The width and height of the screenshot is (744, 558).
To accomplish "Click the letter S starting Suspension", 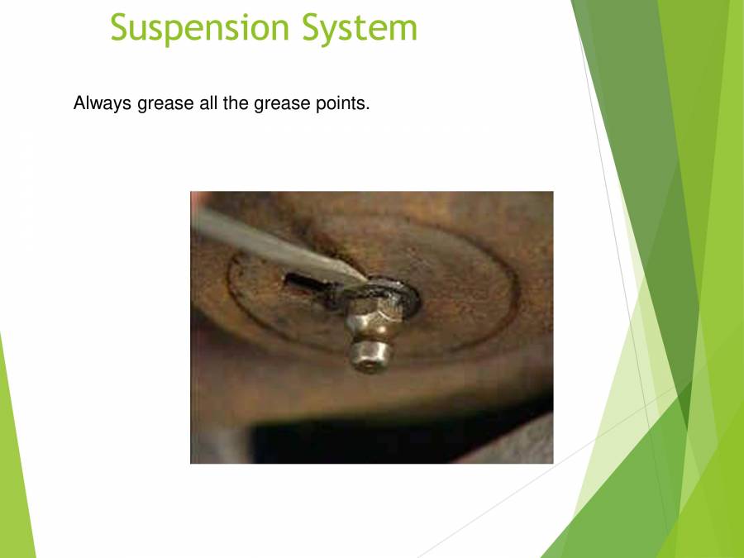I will point(121,27).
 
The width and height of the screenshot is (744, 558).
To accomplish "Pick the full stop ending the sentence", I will point(368,110).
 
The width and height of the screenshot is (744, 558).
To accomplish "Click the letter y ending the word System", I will point(341,31).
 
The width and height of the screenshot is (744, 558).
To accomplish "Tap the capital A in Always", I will point(79,104).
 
